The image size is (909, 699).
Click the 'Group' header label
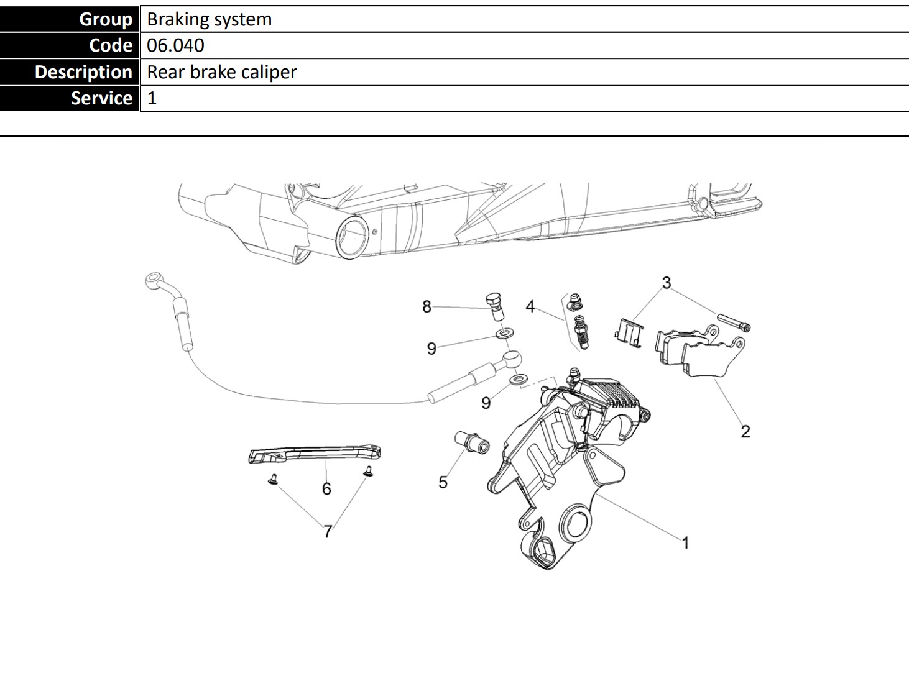(x=106, y=19)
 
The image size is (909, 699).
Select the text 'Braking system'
(x=210, y=19)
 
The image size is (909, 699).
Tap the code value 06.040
(x=175, y=45)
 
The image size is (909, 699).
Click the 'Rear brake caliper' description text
(x=222, y=72)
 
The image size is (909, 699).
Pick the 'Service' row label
(x=101, y=98)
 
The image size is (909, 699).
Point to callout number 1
(x=685, y=543)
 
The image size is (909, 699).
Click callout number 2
(x=745, y=431)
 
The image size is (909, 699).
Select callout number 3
(x=667, y=283)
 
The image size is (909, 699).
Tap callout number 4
(x=530, y=306)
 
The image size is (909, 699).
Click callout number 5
(x=443, y=482)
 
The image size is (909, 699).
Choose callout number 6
(x=326, y=489)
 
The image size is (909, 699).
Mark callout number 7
(x=328, y=532)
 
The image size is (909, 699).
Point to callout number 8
(x=427, y=306)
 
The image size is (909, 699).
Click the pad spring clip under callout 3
(x=629, y=332)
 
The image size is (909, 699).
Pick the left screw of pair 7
(x=272, y=479)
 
